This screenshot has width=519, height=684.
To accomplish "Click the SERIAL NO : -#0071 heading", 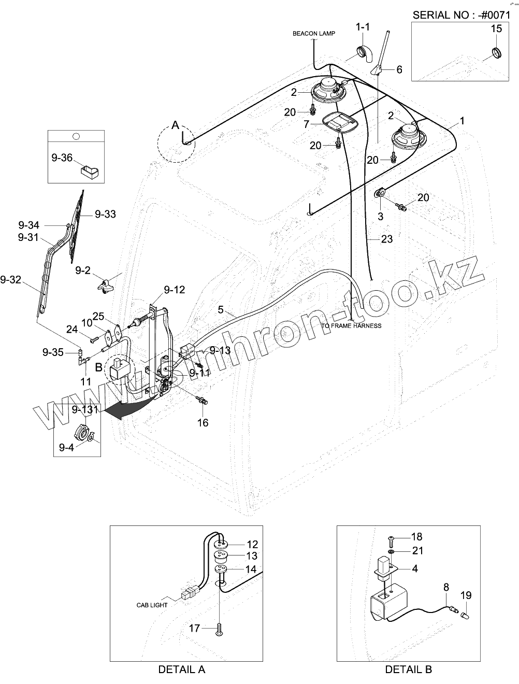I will pyautogui.click(x=465, y=15).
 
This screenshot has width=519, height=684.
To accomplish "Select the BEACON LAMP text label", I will pyautogui.click(x=313, y=34).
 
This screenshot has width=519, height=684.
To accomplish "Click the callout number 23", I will pyautogui.click(x=387, y=239).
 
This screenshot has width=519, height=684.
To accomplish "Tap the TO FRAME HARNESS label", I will pyautogui.click(x=351, y=326).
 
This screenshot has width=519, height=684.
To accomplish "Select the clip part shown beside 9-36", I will pyautogui.click(x=89, y=170).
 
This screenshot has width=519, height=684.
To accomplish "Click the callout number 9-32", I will pyautogui.click(x=11, y=280).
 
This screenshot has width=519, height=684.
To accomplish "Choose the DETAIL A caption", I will pyautogui.click(x=181, y=669).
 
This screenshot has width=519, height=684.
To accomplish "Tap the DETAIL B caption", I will pyautogui.click(x=408, y=669).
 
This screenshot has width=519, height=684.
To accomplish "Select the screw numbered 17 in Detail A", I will pyautogui.click(x=220, y=629).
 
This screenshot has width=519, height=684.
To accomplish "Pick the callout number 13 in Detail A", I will pyautogui.click(x=252, y=556).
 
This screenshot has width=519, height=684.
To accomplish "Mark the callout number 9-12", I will pyautogui.click(x=175, y=290).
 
